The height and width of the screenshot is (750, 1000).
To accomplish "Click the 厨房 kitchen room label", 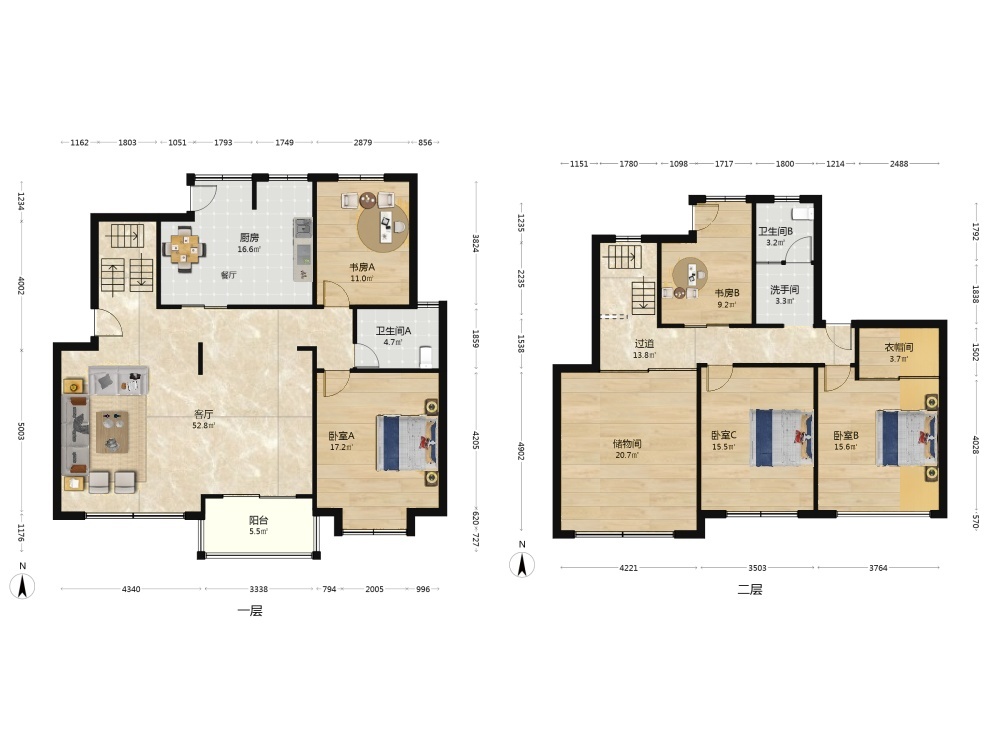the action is click(x=249, y=238).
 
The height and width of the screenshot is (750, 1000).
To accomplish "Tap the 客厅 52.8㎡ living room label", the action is click(x=204, y=420).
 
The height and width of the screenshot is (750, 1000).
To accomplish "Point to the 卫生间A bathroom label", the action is click(x=393, y=331).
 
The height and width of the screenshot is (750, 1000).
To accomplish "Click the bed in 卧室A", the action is click(x=407, y=443).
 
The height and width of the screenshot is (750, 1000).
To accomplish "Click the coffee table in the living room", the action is click(x=112, y=432).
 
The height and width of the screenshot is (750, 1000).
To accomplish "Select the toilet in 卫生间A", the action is click(x=425, y=356).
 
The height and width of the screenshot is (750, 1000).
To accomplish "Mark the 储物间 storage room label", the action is click(x=627, y=444).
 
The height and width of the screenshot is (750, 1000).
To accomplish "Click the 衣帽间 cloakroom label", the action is click(x=899, y=348).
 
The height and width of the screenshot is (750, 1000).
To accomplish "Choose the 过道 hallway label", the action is click(x=644, y=344).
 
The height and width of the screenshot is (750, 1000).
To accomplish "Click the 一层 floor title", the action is click(x=250, y=611).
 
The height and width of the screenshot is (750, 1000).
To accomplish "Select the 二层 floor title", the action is click(x=750, y=589).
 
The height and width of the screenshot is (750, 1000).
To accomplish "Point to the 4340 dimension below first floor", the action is click(x=131, y=589).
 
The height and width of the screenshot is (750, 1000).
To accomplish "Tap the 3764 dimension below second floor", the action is click(x=878, y=568).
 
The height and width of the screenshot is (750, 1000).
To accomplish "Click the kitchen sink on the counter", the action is click(x=302, y=228).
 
